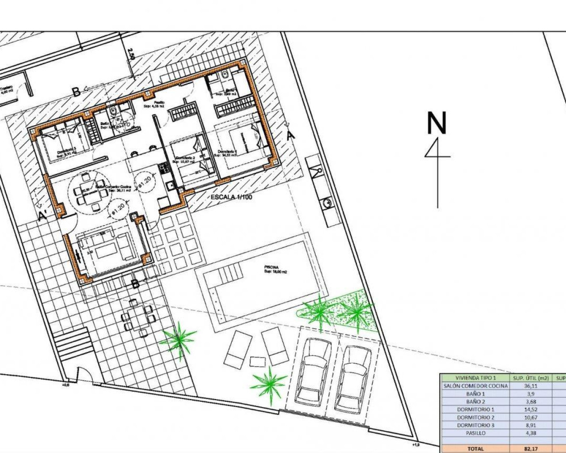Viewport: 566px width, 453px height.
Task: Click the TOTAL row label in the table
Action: (475, 449)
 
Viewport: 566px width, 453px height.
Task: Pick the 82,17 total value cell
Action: (530, 449)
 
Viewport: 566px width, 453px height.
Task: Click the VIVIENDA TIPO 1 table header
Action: (475, 378)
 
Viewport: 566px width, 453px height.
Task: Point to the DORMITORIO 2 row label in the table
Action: (475, 417)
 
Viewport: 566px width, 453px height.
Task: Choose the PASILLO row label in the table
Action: (475, 433)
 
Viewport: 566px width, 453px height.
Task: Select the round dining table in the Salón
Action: (88, 192)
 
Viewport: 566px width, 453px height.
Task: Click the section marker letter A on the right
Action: (291, 136)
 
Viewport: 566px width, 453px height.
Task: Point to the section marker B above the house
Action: (76, 92)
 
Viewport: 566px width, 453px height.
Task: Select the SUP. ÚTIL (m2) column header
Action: (530, 378)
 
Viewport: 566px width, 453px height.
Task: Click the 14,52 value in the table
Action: (530, 409)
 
